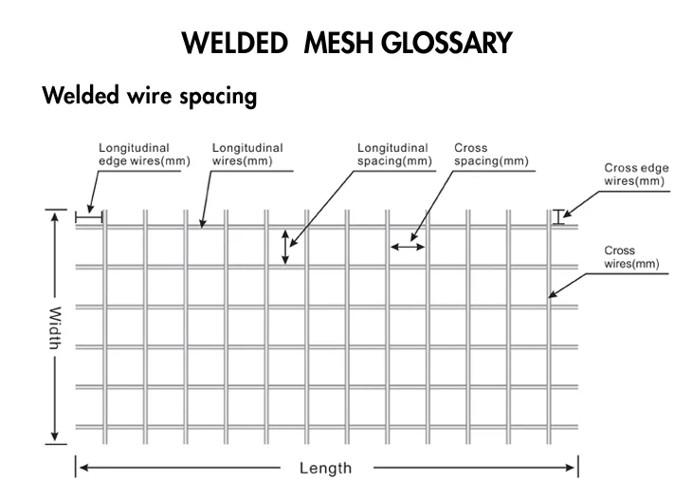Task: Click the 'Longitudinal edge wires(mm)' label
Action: pyautogui.click(x=144, y=155)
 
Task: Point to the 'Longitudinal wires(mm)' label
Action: pyautogui.click(x=247, y=155)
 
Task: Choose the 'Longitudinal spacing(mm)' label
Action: pyautogui.click(x=392, y=155)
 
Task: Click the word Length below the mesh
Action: pyautogui.click(x=325, y=468)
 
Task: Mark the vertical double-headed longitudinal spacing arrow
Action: pyautogui.click(x=285, y=247)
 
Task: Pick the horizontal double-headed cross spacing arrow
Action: pyautogui.click(x=409, y=247)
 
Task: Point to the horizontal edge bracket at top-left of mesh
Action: pyautogui.click(x=88, y=218)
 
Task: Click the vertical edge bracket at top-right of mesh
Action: pyautogui.click(x=558, y=216)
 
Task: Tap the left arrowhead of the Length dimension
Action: pyautogui.click(x=82, y=468)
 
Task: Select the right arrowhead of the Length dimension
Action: pyautogui.click(x=572, y=468)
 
